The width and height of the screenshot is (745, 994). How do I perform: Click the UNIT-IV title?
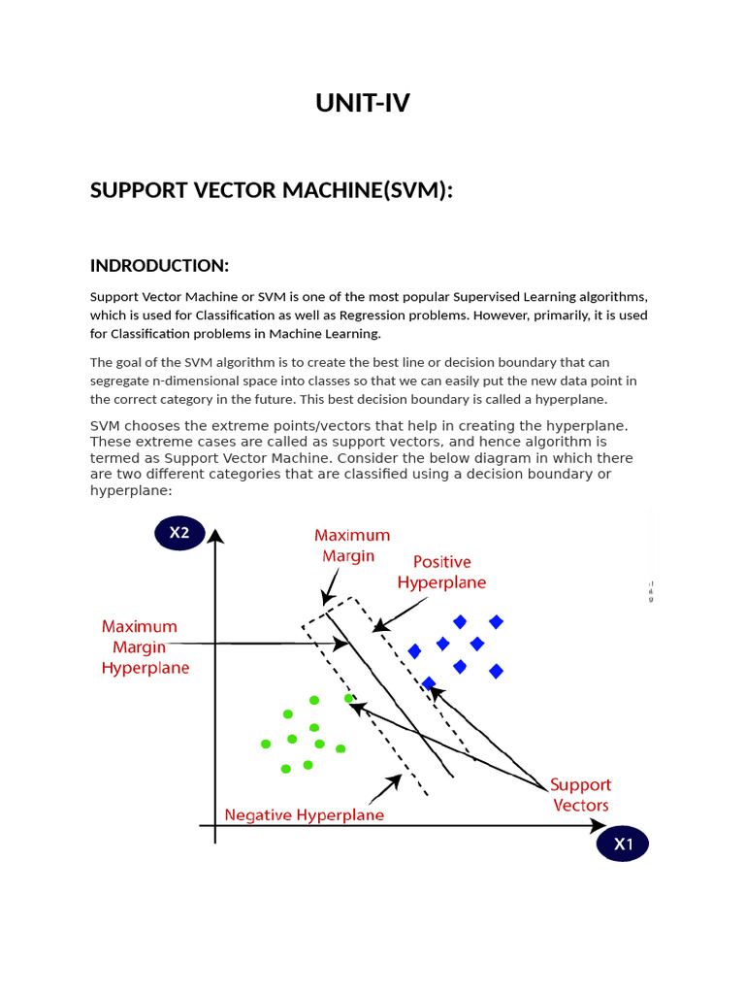pyautogui.click(x=363, y=103)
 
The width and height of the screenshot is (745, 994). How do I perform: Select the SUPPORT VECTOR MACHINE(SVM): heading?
pyautogui.click(x=272, y=190)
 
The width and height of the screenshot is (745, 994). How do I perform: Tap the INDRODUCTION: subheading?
pyautogui.click(x=159, y=265)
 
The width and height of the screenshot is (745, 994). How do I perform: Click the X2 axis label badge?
pyautogui.click(x=179, y=532)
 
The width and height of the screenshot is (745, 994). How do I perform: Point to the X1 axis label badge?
pyautogui.click(x=623, y=845)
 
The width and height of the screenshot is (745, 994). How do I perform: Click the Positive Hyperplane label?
pyautogui.click(x=441, y=572)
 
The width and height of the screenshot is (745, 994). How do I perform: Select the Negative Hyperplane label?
pyautogui.click(x=305, y=815)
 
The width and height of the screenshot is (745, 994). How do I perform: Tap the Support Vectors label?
pyautogui.click(x=581, y=794)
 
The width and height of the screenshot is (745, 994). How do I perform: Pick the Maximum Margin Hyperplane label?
pyautogui.click(x=146, y=647)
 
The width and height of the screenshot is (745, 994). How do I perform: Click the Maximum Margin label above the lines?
pyautogui.click(x=352, y=546)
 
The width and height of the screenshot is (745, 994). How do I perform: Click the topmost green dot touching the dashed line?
pyautogui.click(x=348, y=698)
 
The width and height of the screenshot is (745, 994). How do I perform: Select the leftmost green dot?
pyautogui.click(x=266, y=745)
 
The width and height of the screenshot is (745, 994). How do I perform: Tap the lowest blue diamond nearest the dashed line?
pyautogui.click(x=429, y=683)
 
